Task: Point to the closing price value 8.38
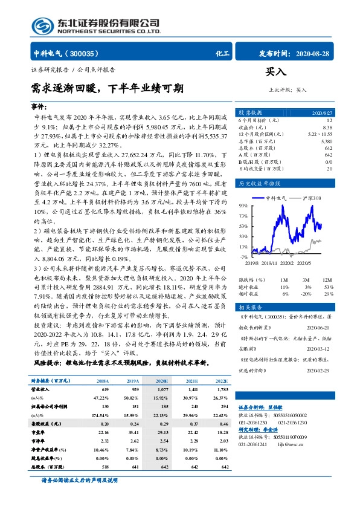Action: [x=327, y=128]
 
